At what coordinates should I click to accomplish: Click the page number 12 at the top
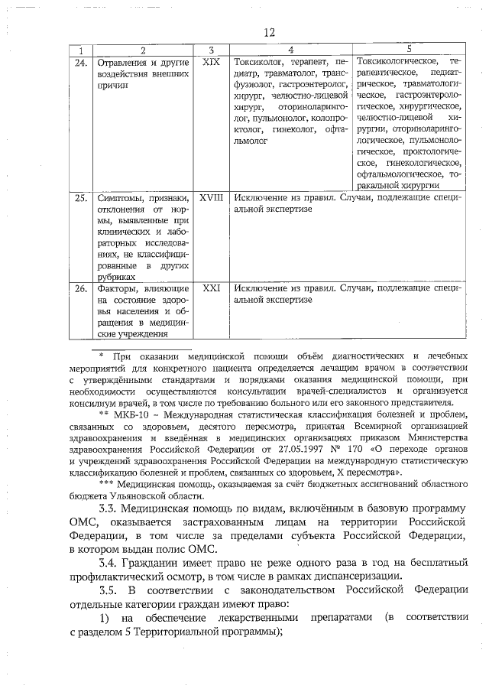tap(268, 32)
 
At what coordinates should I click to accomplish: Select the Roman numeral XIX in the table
tap(211, 60)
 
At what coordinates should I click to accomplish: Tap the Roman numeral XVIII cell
tap(211, 197)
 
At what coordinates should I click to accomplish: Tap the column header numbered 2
tap(142, 49)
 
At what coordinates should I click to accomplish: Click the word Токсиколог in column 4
tap(262, 61)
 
